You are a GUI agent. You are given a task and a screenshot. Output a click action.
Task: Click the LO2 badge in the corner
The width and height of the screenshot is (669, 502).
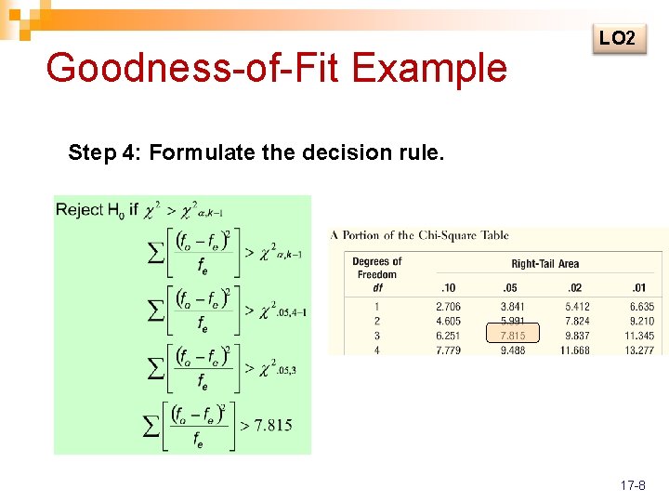click(618, 38)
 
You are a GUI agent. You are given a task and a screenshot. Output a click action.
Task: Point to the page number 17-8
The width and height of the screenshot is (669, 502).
click(630, 485)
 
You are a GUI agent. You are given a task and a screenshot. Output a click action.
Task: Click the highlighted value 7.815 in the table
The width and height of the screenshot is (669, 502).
click(512, 336)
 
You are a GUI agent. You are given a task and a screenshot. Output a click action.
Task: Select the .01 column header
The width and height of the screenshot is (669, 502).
click(638, 288)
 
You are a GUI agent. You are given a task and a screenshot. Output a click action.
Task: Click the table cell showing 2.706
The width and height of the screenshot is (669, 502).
click(448, 307)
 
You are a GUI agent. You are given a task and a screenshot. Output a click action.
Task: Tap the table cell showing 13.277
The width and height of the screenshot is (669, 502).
click(639, 350)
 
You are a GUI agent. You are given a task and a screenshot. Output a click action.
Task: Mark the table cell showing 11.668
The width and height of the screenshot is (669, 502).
click(574, 350)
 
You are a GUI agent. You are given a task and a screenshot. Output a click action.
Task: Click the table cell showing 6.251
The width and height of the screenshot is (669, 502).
click(448, 336)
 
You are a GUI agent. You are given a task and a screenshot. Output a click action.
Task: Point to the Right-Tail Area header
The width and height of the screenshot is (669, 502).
click(544, 264)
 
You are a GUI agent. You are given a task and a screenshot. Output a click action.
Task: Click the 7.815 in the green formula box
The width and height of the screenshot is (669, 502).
click(273, 425)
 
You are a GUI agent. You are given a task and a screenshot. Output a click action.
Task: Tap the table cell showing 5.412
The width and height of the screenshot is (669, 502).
click(576, 307)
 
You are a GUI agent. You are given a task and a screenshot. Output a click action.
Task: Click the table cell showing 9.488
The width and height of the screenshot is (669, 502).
click(512, 350)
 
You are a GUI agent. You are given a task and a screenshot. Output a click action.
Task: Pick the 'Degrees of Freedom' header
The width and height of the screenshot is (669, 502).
click(377, 268)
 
